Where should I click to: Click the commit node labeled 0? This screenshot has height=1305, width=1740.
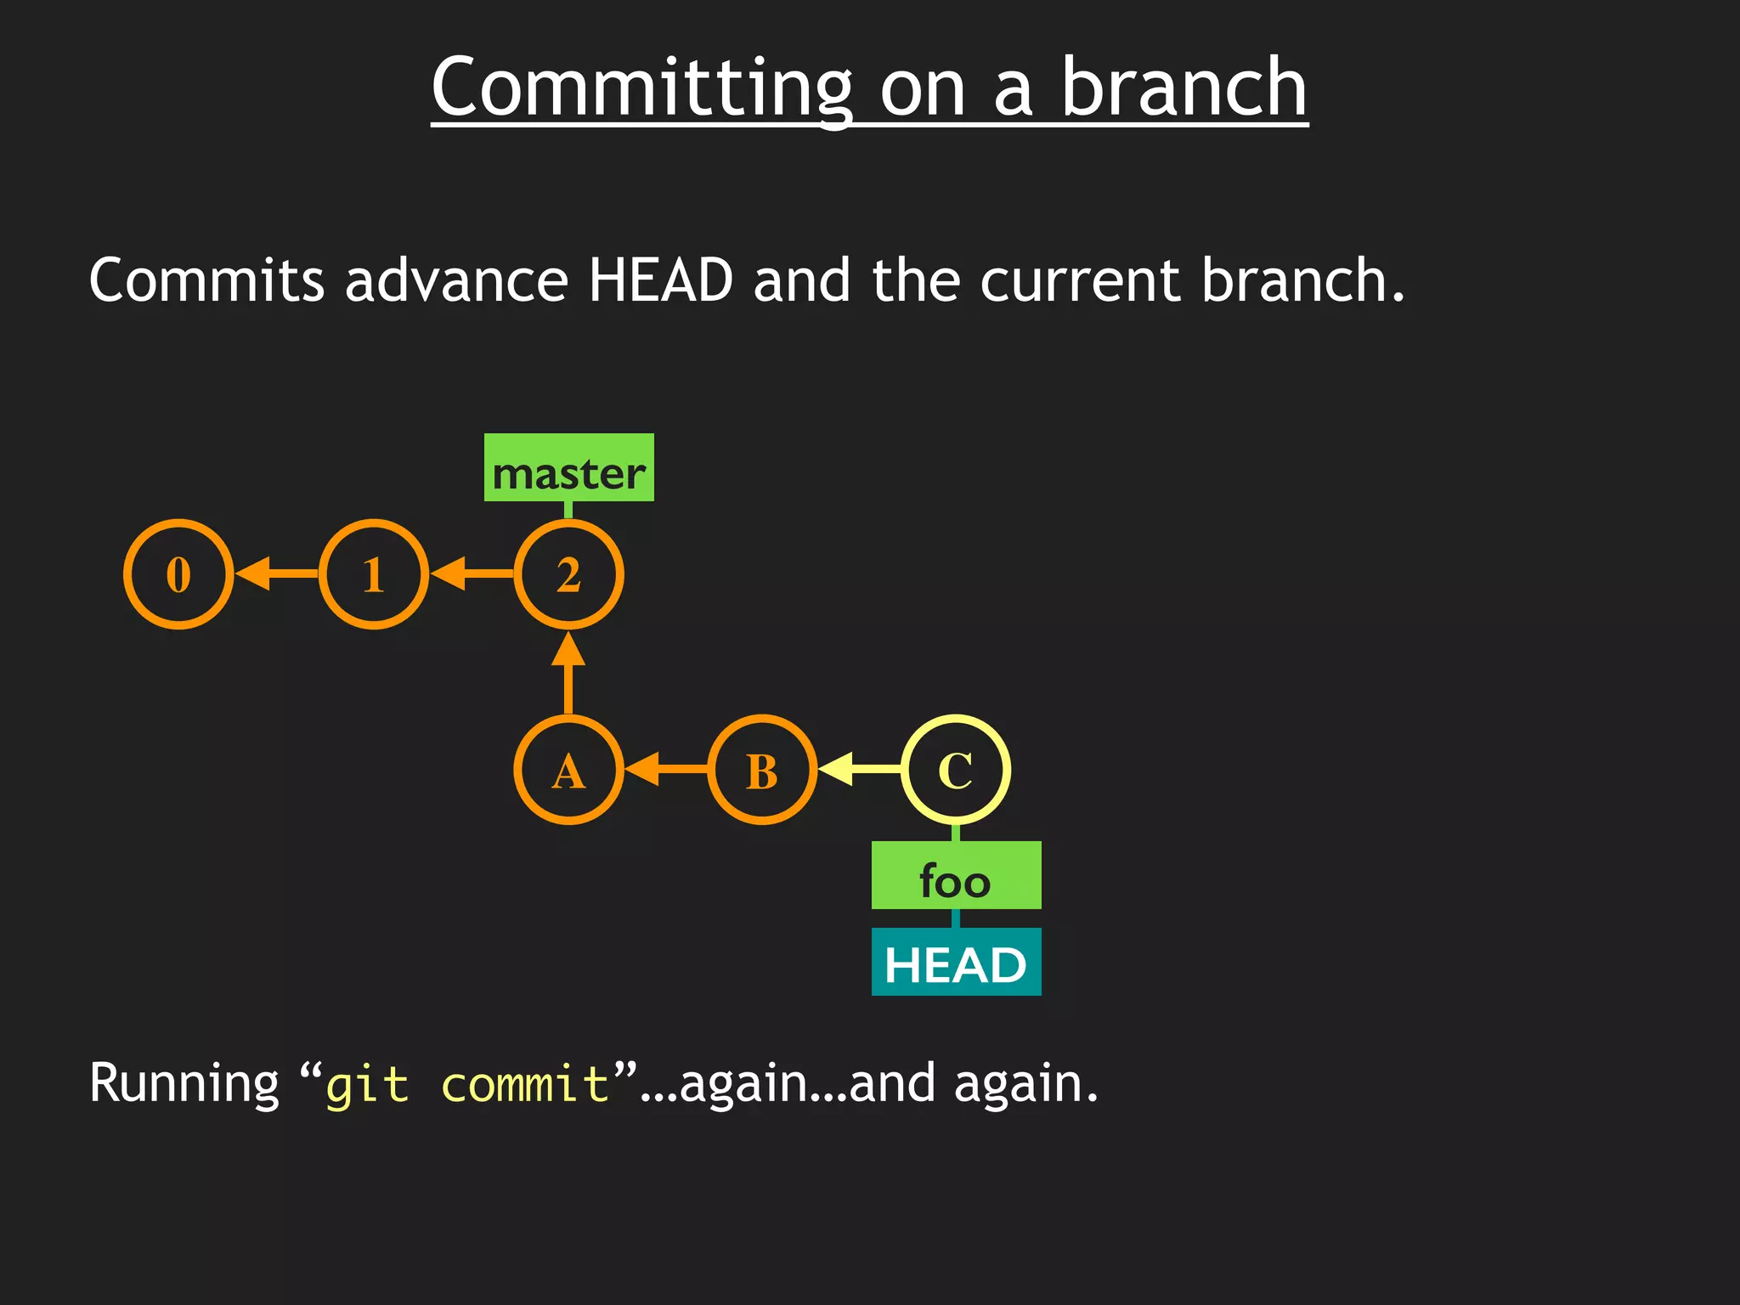(178, 574)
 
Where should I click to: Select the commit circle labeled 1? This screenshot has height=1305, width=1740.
(374, 574)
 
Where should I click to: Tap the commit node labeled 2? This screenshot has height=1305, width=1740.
(568, 574)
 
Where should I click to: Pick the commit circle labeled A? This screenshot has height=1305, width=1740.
(568, 770)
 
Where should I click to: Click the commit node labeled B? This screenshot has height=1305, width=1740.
(762, 770)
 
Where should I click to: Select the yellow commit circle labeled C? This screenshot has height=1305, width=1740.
(956, 770)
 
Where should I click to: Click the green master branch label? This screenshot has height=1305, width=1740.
(568, 468)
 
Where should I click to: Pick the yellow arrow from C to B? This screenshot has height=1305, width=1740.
(859, 770)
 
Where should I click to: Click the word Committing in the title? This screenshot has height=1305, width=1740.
(641, 88)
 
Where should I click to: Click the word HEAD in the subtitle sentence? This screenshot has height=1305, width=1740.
(660, 280)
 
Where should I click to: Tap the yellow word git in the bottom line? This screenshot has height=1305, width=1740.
(367, 1085)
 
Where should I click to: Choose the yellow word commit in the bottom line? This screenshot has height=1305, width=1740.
(525, 1085)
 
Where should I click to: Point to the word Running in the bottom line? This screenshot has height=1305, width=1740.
(184, 1085)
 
